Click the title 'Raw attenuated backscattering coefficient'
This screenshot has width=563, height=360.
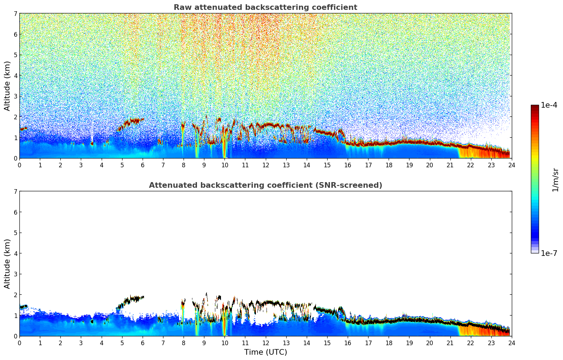coord(265,7)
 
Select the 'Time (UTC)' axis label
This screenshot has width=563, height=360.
coord(265,352)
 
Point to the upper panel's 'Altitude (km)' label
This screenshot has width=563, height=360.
coord(7,86)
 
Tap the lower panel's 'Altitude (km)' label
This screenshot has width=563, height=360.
coord(7,264)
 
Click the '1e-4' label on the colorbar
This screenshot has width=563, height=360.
coord(549,105)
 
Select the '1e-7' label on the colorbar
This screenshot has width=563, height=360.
coord(549,253)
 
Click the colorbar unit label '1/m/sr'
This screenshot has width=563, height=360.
coord(555,180)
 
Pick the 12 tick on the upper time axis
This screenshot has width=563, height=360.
coord(265,165)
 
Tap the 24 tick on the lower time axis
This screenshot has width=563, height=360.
coord(511,343)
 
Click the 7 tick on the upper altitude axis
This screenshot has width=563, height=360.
coord(15,14)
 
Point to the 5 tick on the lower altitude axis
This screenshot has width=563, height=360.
coord(15,233)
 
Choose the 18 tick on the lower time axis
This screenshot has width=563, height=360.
coord(389,343)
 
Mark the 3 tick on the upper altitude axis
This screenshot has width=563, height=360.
coord(15,96)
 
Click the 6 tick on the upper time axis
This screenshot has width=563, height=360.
coord(143,165)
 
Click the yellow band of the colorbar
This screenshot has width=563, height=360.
coord(535,159)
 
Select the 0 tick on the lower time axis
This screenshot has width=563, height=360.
coord(19,343)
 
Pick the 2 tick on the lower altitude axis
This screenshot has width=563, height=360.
coord(15,295)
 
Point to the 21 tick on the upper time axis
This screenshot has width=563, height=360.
coord(450,165)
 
